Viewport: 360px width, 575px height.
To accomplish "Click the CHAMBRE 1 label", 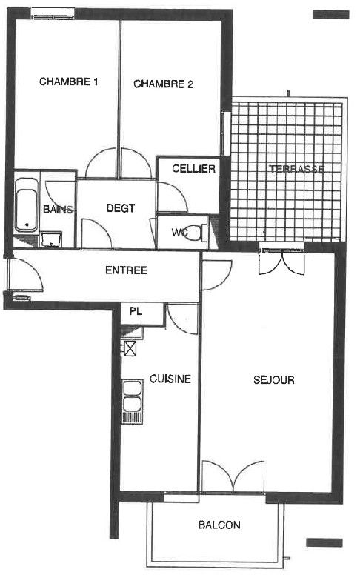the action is (69, 81).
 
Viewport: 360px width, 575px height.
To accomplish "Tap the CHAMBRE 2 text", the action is (163, 84).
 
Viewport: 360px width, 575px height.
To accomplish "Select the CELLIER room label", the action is (193, 169).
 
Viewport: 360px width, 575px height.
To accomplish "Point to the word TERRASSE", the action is (296, 169).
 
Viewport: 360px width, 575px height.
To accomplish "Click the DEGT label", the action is (121, 208).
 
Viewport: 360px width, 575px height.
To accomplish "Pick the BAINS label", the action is (58, 210).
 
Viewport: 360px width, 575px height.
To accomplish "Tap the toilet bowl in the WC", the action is (193, 233).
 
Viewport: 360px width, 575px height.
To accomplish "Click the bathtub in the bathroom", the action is (27, 205).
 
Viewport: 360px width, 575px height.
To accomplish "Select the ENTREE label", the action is (127, 270).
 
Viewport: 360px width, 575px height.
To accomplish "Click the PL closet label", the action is (136, 312).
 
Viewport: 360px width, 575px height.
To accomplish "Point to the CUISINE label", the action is (170, 379).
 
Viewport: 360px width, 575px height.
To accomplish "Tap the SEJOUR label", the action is (274, 380).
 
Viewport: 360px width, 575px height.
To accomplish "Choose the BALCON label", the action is (219, 525).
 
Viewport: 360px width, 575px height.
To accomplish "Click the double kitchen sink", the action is (133, 402).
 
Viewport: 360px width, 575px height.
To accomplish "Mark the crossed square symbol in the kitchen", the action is (130, 348).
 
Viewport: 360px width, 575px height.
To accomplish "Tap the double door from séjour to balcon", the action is (233, 476).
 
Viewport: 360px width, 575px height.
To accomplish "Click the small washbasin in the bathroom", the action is (51, 239).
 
